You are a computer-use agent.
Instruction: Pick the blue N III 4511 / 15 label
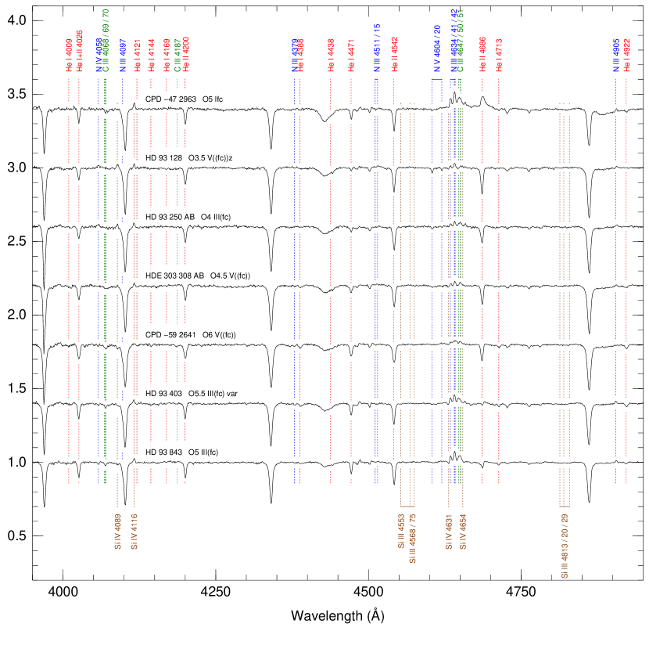coord(376,49)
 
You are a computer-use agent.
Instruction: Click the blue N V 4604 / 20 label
coord(438,49)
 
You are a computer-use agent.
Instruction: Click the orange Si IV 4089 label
coord(117,532)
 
